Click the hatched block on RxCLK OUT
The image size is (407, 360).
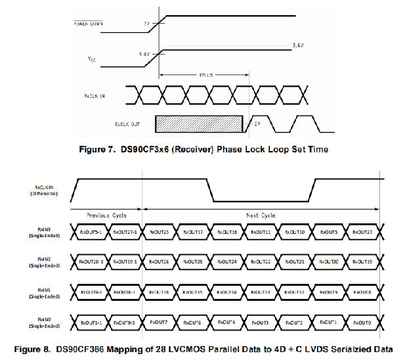point(198,124)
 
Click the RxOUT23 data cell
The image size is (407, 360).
point(160,232)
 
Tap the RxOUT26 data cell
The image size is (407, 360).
point(160,261)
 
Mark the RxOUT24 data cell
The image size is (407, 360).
point(228,261)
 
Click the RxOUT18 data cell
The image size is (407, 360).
point(160,292)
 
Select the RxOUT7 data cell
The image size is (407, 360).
point(160,322)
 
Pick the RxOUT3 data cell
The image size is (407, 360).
point(262,322)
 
